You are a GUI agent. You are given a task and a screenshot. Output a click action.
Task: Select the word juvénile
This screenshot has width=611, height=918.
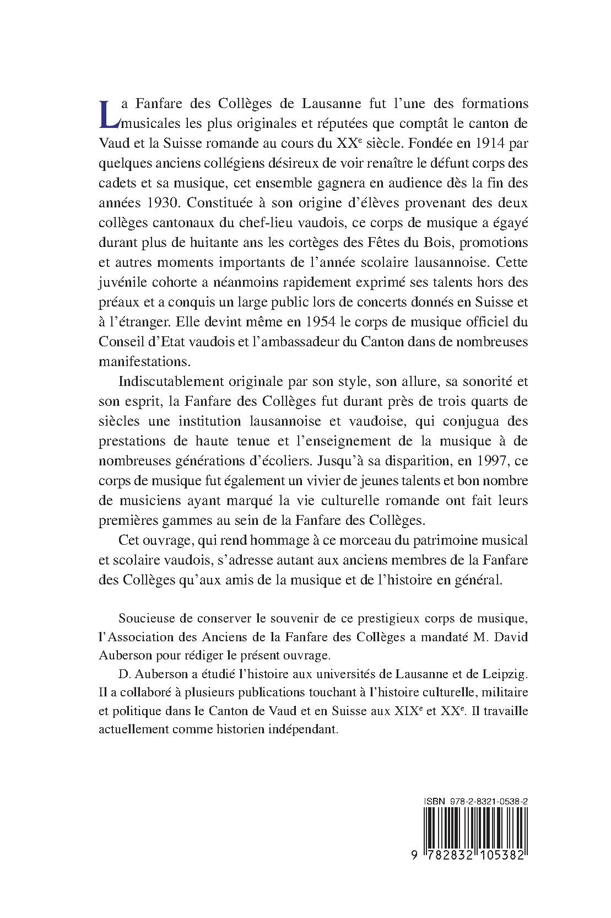click(x=121, y=282)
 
